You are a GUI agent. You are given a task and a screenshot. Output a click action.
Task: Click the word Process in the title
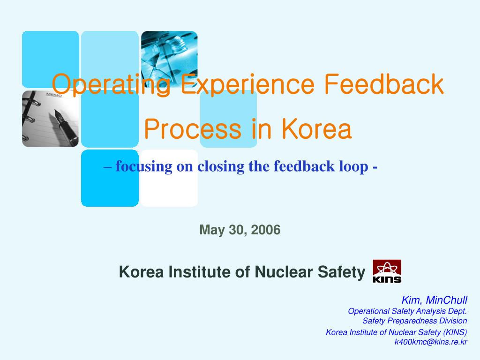tap(193, 129)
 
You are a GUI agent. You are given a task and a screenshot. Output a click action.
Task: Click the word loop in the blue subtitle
tap(354, 166)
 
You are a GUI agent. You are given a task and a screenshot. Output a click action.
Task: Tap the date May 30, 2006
tap(240, 230)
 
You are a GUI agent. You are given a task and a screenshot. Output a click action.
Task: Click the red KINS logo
tap(387, 271)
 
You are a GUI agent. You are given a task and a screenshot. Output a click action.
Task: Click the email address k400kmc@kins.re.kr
tap(431, 342)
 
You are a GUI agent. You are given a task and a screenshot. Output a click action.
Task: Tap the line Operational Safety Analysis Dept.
tap(407, 311)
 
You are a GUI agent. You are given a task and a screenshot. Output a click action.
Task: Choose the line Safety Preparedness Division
tap(414, 321)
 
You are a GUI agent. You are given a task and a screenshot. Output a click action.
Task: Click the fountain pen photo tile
tap(50, 119)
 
